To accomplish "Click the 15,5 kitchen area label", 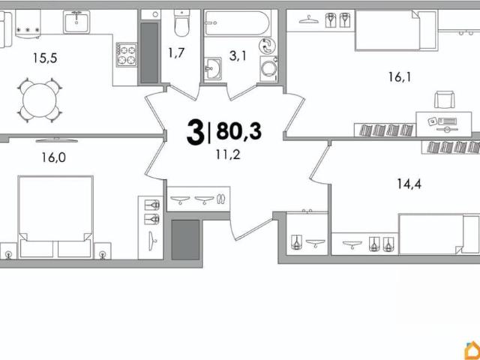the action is (x=45, y=58).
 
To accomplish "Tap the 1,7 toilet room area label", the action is (x=176, y=53).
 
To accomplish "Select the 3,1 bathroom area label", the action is (x=238, y=56).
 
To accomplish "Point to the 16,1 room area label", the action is (x=400, y=77).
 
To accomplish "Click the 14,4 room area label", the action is (x=409, y=184).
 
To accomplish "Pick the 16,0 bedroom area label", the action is (x=54, y=157).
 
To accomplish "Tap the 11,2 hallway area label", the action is (x=228, y=155).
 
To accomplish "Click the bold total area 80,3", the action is (x=238, y=130).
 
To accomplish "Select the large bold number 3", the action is (x=195, y=132).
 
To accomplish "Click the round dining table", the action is (x=40, y=100).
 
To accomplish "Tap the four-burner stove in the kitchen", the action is (x=127, y=55).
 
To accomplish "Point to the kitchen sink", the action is (x=76, y=22).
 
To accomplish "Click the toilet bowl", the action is (x=181, y=22).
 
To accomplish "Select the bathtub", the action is (x=237, y=23).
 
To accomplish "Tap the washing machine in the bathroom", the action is (x=268, y=69).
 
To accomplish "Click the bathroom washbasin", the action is (x=212, y=68).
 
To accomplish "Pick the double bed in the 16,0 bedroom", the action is (x=55, y=217).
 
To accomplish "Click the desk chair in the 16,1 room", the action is (x=445, y=99).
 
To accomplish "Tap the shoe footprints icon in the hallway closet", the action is (x=220, y=199).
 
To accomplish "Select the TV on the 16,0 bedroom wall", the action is (x=57, y=140).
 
